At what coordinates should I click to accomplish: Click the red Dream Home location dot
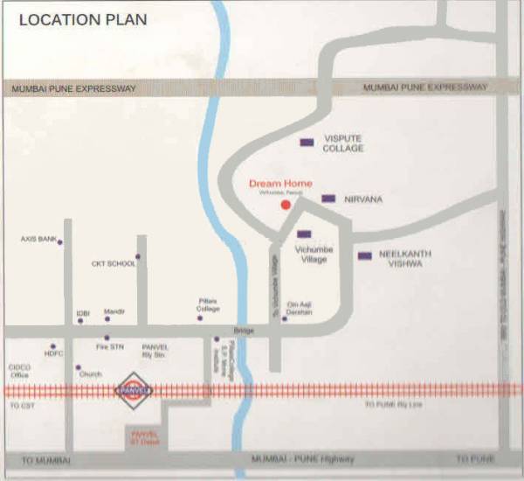285,205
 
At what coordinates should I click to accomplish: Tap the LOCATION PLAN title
83,18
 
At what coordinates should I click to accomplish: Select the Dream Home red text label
280,184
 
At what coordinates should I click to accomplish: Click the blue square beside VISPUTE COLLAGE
307,143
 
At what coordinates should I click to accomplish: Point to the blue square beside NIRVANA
328,199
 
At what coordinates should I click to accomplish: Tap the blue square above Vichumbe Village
304,234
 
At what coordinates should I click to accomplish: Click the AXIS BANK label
38,238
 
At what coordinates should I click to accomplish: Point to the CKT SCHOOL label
114,263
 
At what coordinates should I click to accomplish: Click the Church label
91,374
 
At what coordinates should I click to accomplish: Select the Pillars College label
208,305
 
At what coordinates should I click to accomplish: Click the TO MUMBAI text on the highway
45,460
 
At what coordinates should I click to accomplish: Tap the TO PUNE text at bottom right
475,459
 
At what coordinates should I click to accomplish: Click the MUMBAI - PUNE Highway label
302,459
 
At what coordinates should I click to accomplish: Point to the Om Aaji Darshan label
300,309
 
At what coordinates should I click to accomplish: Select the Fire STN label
110,347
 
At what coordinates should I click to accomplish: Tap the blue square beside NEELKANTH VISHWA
364,256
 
